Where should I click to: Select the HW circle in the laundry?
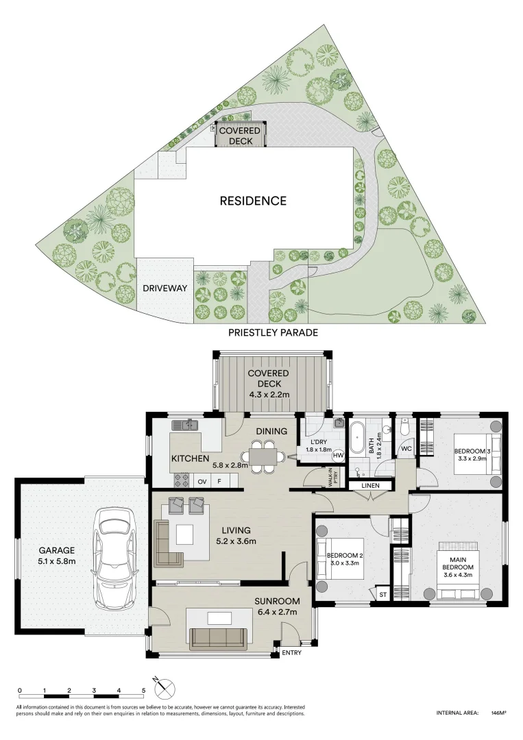338,456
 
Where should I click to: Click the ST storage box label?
382,595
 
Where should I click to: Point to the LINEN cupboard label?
371,486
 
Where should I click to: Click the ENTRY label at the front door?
292,653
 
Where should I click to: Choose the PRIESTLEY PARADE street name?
273,333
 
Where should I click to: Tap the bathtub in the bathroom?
355,439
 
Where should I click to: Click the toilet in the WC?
404,427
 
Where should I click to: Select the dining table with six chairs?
263,456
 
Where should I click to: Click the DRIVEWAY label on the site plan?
165,288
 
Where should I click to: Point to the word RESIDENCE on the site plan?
253,201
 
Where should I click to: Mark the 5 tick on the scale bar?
143,695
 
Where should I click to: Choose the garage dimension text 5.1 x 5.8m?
57,562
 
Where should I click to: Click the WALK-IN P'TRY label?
332,477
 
